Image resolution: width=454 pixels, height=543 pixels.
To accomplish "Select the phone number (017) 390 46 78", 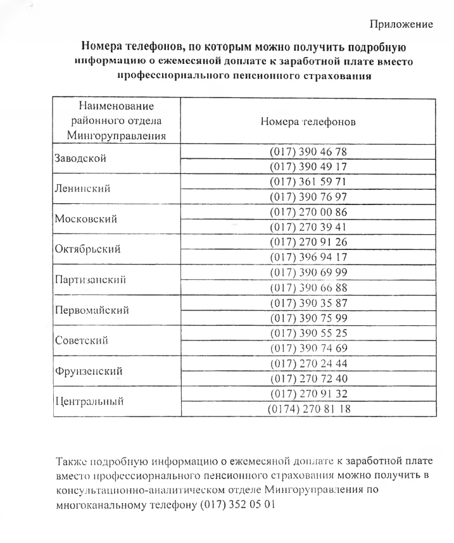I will pyautogui.click(x=308, y=152).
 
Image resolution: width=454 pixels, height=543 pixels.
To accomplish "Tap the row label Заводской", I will pyautogui.click(x=79, y=159).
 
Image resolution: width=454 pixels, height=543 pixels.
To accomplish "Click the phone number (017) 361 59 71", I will pyautogui.click(x=308, y=182).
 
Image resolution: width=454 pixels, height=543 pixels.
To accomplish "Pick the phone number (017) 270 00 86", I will pyautogui.click(x=308, y=212).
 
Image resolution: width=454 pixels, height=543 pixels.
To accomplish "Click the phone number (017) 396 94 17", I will pyautogui.click(x=308, y=257).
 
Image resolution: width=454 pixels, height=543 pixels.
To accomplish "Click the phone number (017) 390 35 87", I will pyautogui.click(x=308, y=303).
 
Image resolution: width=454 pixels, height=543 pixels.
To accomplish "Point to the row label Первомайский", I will pyautogui.click(x=92, y=310).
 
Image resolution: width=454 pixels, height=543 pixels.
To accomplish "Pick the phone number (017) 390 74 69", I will pyautogui.click(x=308, y=347).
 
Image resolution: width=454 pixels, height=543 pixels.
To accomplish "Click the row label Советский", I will pyautogui.click(x=80, y=340).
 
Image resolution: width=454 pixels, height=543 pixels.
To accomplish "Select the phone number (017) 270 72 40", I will pyautogui.click(x=308, y=378).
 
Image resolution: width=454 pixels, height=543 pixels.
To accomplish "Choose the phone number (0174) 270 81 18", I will pyautogui.click(x=308, y=408).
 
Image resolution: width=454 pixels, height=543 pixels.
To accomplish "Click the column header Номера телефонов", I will pyautogui.click(x=308, y=121).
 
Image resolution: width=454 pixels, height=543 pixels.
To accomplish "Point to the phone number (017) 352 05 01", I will pyautogui.click(x=237, y=506).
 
